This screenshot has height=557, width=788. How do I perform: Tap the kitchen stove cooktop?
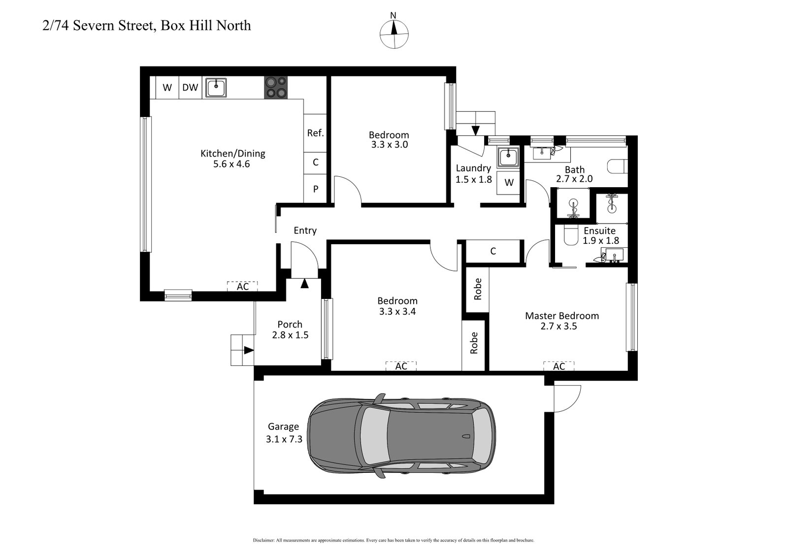coord(276,88)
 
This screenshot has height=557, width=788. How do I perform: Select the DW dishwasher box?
coord(190,88)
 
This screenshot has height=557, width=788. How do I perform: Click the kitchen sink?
coord(215,88)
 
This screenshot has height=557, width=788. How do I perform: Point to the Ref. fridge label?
coord(315,133)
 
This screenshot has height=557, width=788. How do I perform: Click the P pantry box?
coord(315,189)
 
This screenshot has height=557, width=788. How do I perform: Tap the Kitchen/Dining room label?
coord(232,153)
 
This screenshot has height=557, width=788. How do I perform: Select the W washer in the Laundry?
coord(509,183)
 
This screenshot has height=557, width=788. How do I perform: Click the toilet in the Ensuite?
coord(571,236)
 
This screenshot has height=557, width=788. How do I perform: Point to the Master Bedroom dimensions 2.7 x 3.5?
coord(558,326)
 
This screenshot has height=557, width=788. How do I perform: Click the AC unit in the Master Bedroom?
coord(558,366)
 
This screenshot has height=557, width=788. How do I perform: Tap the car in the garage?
coord(401,436)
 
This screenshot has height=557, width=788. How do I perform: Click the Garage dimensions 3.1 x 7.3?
coord(284,439)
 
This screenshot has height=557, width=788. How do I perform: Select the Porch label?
coord(290,324)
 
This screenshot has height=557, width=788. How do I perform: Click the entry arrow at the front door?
coord(304,284)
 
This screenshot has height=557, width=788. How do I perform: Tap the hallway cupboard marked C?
coord(493,251)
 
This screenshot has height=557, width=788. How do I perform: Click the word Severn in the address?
coord(92,25)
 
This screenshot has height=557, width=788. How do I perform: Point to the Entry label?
coord(305,230)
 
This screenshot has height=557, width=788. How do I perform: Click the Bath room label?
coord(574,170)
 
